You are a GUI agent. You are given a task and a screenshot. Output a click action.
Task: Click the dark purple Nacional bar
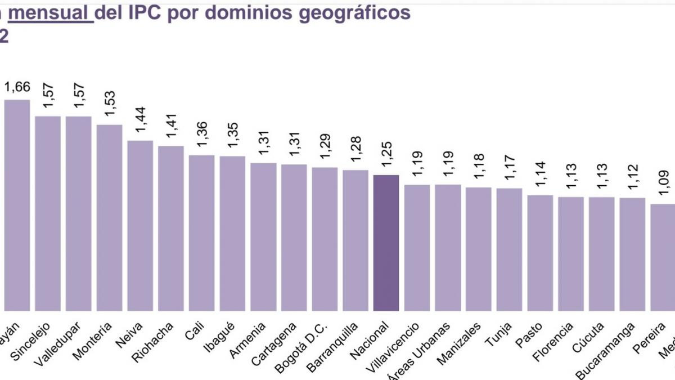[x=386, y=243]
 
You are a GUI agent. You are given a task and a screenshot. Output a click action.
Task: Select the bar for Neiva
[x=140, y=225]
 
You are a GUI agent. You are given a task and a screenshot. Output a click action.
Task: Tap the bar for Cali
[x=201, y=233]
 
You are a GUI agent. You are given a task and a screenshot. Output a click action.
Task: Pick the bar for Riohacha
[x=170, y=228]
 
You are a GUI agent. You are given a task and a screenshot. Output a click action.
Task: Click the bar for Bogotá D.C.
[x=325, y=239]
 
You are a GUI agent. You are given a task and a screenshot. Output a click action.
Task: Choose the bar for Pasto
[x=540, y=253]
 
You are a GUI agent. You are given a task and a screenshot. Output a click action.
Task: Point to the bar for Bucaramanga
[x=632, y=254]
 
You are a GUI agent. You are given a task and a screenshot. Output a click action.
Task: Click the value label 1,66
[x=17, y=87]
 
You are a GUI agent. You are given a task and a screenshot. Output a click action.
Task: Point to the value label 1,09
[x=664, y=183]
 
